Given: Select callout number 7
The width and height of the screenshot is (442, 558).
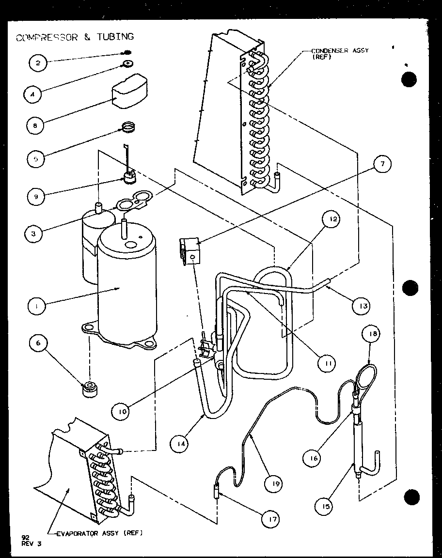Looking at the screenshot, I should pyautogui.click(x=382, y=164).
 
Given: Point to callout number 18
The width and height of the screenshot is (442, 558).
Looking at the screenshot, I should pyautogui.click(x=375, y=334).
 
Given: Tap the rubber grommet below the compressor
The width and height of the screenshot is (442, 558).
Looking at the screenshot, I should pyautogui.click(x=90, y=389).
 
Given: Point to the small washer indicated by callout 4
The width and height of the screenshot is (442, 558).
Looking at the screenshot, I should pyautogui.click(x=128, y=63).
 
